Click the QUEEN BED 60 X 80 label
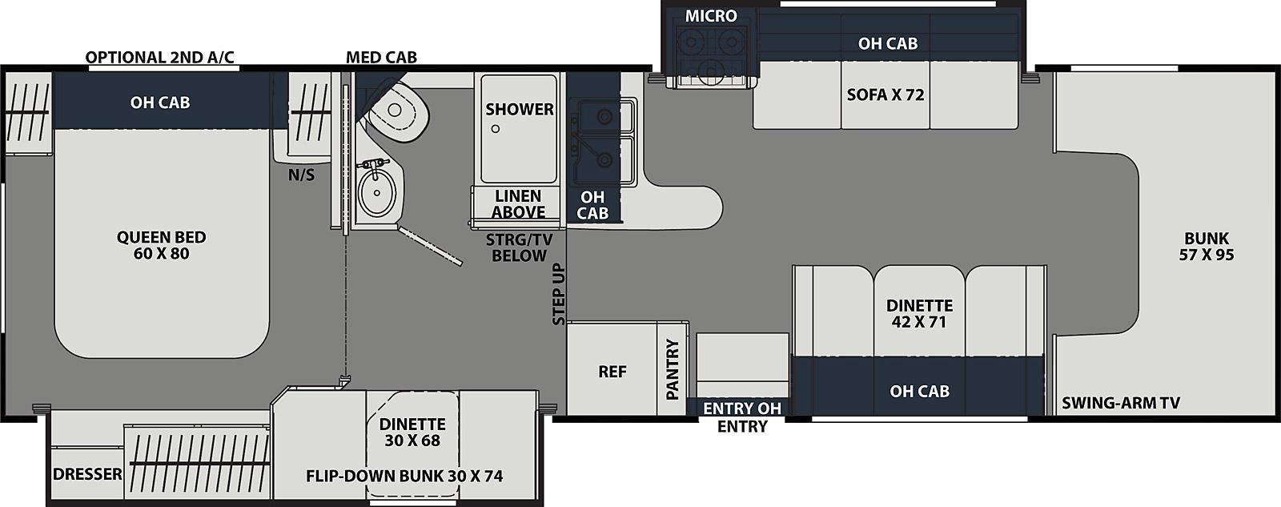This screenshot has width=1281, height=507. click(x=161, y=245)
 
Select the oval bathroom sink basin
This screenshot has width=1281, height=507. click(x=376, y=192)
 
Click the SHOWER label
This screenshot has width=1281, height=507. click(x=520, y=109)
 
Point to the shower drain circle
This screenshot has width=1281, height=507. click(x=496, y=129)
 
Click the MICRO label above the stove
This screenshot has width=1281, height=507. click(x=711, y=16)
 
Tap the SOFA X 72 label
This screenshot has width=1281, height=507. click(x=885, y=95)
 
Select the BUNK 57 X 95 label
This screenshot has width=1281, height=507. click(x=1207, y=246)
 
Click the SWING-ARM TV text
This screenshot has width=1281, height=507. click(x=1121, y=404)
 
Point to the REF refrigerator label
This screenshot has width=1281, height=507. click(x=612, y=372)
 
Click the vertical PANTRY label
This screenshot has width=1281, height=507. click(x=673, y=369)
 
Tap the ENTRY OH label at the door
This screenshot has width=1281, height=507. click(x=741, y=408)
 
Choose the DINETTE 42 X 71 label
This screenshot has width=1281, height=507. click(x=920, y=314)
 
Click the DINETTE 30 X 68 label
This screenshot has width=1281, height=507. click(x=412, y=432)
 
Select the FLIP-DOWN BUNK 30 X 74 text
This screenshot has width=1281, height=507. click(x=404, y=476)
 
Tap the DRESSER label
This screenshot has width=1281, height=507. click(x=87, y=474)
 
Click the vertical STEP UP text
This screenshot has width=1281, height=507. click(x=559, y=294)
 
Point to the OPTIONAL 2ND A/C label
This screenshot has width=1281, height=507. click(x=159, y=57)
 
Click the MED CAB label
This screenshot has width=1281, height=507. click(x=381, y=57)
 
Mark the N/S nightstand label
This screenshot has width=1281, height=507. click(x=301, y=175)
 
